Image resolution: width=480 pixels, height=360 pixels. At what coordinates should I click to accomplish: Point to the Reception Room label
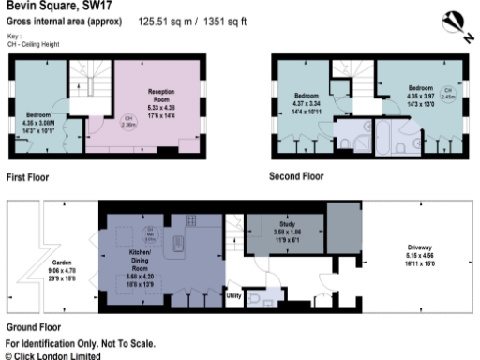pos(161,98)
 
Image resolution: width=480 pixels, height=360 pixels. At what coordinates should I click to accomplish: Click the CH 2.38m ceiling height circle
pos(127,119)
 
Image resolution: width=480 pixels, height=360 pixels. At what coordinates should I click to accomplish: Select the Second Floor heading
pos(296,175)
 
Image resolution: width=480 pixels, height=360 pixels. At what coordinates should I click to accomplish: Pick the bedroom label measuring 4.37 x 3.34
pos(307,104)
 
